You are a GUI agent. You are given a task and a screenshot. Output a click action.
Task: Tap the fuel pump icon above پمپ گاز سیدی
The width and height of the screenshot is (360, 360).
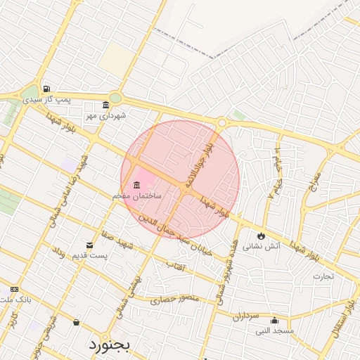point(46,89)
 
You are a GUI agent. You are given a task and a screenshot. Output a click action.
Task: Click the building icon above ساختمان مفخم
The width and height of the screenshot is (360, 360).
point(136,184)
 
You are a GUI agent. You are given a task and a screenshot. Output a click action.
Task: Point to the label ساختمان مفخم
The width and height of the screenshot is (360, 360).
point(136,195)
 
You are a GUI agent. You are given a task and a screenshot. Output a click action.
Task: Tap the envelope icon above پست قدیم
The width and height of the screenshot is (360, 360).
point(89,245)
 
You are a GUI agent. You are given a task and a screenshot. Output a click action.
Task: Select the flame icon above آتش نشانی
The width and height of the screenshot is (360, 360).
point(262,236)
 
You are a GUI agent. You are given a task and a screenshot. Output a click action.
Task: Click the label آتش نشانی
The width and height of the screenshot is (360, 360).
point(262,246)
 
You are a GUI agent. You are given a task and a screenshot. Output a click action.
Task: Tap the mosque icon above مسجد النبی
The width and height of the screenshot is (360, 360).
point(275,320)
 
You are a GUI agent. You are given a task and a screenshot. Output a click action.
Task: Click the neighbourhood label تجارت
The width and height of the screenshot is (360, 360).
point(323,275)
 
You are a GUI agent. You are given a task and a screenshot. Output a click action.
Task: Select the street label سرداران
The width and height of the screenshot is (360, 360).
point(246,316)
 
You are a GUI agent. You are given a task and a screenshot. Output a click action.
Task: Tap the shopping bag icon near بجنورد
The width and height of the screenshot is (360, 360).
point(76,323)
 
